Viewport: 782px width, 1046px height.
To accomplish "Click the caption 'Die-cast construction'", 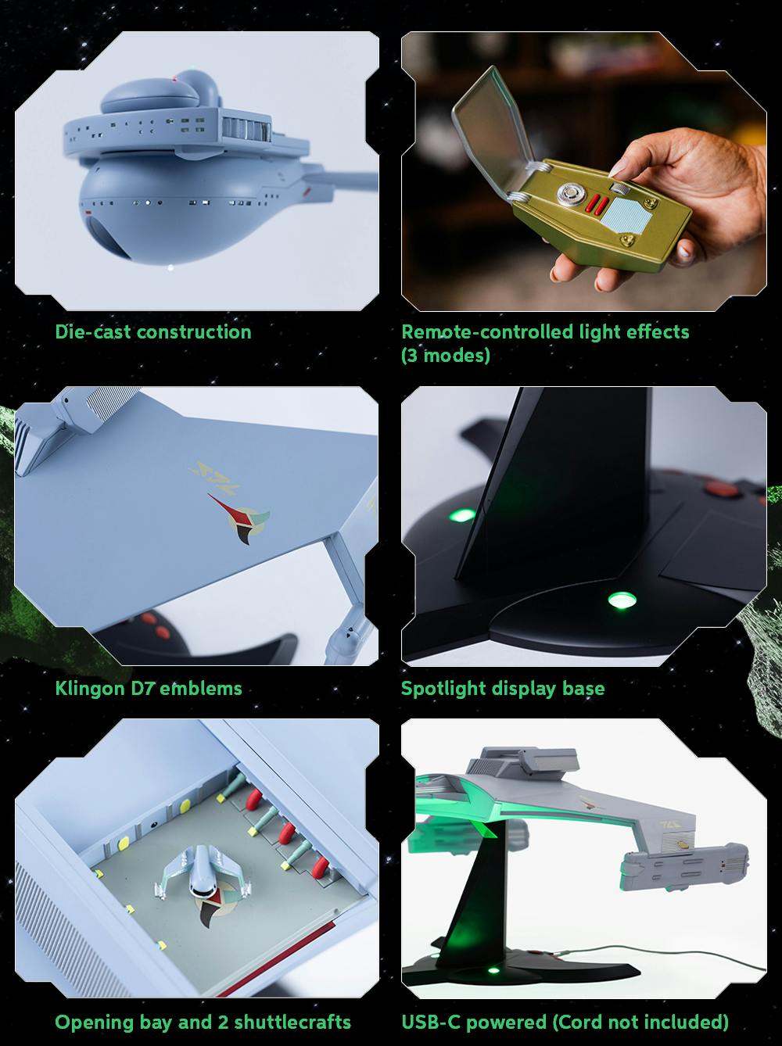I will (153, 332).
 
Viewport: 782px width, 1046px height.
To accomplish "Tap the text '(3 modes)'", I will (445, 356).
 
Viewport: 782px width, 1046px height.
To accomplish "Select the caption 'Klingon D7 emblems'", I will (149, 689).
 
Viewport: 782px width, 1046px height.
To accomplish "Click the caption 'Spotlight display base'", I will (502, 689).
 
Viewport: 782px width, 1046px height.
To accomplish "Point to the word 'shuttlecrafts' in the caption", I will (292, 1022).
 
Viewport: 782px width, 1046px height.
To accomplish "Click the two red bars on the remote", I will (598, 205).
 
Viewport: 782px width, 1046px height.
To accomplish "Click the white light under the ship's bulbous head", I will (170, 269).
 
